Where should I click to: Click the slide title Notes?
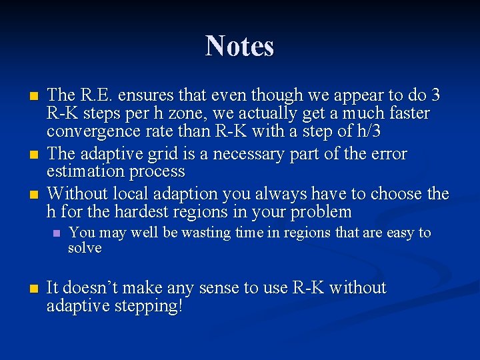pos(239,46)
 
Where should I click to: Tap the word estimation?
pos(83,172)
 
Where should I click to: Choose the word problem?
pos(317,213)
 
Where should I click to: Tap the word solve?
pos(85,248)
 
